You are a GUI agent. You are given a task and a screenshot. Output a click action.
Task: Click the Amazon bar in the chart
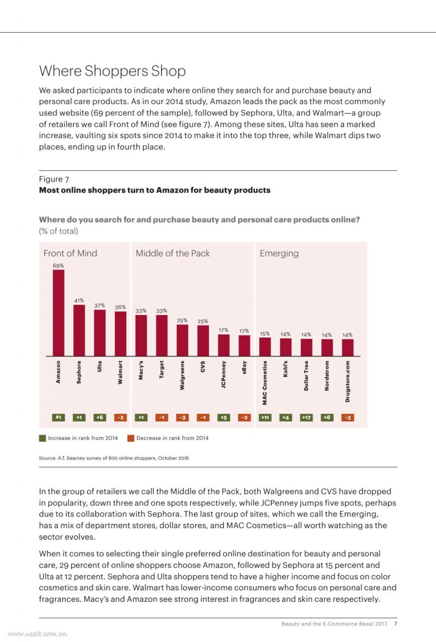(x=58, y=312)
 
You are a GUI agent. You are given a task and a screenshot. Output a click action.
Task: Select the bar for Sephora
(x=79, y=330)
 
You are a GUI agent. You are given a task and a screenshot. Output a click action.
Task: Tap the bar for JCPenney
(x=224, y=345)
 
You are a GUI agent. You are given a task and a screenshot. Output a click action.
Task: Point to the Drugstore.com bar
(x=348, y=348)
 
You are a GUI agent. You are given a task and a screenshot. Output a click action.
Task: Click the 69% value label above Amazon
(x=58, y=266)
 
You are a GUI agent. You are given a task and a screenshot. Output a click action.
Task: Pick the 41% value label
(x=79, y=300)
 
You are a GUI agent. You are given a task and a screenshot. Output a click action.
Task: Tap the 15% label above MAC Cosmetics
(x=265, y=334)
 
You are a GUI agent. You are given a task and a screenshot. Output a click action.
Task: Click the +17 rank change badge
(x=306, y=417)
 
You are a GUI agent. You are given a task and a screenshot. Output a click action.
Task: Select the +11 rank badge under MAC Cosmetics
(x=265, y=417)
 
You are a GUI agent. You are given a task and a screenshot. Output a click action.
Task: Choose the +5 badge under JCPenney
(x=224, y=417)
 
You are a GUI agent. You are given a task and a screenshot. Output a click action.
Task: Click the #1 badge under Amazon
(x=59, y=417)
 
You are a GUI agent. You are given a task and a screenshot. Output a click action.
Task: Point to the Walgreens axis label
(x=182, y=375)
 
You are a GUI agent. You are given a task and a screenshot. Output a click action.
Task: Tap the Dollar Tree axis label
(x=306, y=376)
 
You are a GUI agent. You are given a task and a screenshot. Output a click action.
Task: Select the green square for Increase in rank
(x=43, y=438)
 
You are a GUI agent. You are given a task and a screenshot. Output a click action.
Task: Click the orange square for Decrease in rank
(x=131, y=438)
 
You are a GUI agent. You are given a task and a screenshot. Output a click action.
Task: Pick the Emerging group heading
(x=279, y=253)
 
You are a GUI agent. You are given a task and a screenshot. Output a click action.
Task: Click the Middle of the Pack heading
(x=173, y=253)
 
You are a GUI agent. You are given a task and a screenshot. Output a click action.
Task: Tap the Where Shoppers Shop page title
(x=113, y=71)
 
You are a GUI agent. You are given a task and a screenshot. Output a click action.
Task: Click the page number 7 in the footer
(x=395, y=623)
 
